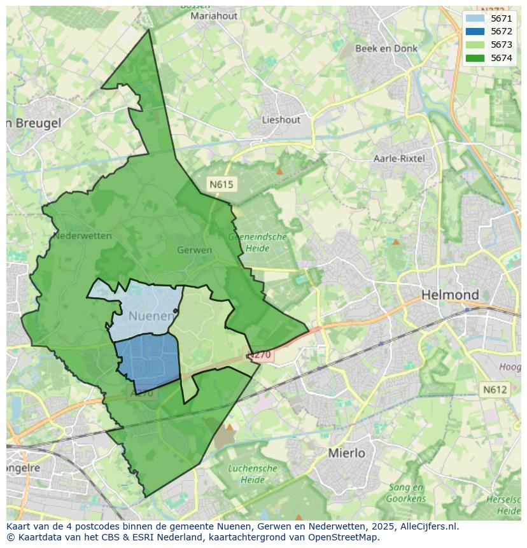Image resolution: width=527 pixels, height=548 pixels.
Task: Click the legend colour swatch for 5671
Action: (x=474, y=18)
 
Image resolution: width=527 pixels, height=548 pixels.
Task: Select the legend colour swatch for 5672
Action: (x=474, y=31)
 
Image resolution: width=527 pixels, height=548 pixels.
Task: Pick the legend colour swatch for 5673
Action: (x=474, y=45)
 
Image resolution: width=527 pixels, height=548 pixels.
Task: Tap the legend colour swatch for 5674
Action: (x=474, y=58)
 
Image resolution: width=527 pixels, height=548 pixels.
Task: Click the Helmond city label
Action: (x=450, y=295)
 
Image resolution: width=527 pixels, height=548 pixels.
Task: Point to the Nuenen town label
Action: (x=151, y=316)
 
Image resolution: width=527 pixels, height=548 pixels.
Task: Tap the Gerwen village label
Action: (x=194, y=250)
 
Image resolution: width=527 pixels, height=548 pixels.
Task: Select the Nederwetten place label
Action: (x=82, y=235)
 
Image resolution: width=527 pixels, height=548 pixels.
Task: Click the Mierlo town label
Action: (x=346, y=453)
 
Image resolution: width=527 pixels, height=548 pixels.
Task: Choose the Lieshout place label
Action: (x=281, y=120)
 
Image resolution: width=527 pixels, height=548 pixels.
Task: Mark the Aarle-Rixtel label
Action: (x=400, y=158)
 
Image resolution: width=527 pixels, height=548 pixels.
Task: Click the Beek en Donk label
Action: (x=386, y=48)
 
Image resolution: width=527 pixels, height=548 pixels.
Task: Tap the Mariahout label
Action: (x=214, y=16)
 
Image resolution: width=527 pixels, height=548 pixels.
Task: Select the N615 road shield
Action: (x=221, y=185)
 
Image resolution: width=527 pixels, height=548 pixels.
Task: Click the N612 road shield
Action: (x=494, y=390)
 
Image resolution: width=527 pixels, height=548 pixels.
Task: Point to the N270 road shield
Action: (x=260, y=355)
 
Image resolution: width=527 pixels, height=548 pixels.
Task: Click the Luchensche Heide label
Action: (x=253, y=474)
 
